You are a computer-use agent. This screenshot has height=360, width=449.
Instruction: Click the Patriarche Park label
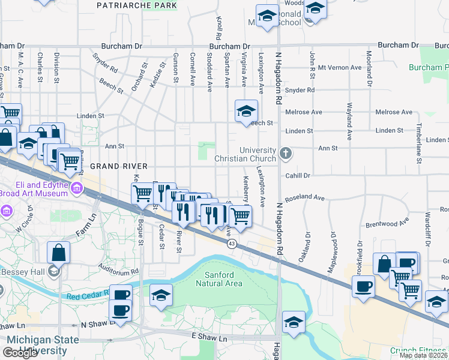(137, 5)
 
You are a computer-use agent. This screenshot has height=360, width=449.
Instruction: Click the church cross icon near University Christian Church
(285, 153)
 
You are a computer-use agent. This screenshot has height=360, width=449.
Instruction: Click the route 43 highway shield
(231, 243)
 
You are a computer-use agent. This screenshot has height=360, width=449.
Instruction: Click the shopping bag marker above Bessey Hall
(59, 251)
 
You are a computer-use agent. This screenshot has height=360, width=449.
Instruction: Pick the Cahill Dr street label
(297, 176)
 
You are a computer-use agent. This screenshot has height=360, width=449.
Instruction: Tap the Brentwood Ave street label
(387, 224)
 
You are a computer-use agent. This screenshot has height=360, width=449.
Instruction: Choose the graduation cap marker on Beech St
(246, 111)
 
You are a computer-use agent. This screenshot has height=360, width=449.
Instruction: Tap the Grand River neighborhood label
(110, 165)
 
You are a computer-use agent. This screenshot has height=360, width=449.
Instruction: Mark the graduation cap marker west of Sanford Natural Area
(161, 295)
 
